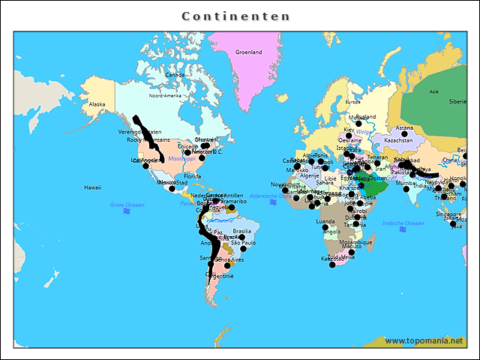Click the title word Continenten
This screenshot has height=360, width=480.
[x=236, y=16]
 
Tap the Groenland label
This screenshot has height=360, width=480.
[x=249, y=52]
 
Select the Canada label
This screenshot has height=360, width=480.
[x=175, y=75]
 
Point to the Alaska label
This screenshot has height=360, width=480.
[x=97, y=104]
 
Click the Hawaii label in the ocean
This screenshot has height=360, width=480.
[x=92, y=187]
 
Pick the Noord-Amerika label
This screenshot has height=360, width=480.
[x=166, y=96]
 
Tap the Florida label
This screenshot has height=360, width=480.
[x=193, y=176]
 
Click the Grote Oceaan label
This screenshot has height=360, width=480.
[x=127, y=205]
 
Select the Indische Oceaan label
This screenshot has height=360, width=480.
[x=403, y=223]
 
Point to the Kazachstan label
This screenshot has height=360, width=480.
[x=398, y=140]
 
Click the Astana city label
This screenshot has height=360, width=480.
[x=404, y=127]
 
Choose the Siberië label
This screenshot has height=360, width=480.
[x=457, y=101]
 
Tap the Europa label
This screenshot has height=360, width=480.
[x=353, y=102]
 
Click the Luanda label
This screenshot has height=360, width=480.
[x=326, y=222]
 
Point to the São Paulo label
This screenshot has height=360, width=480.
[x=244, y=243]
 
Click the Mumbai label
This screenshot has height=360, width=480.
[x=406, y=183]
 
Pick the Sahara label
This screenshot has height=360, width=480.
[x=325, y=182]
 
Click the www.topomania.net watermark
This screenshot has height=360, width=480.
[x=424, y=341]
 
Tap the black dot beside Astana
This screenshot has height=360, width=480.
[x=403, y=134]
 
